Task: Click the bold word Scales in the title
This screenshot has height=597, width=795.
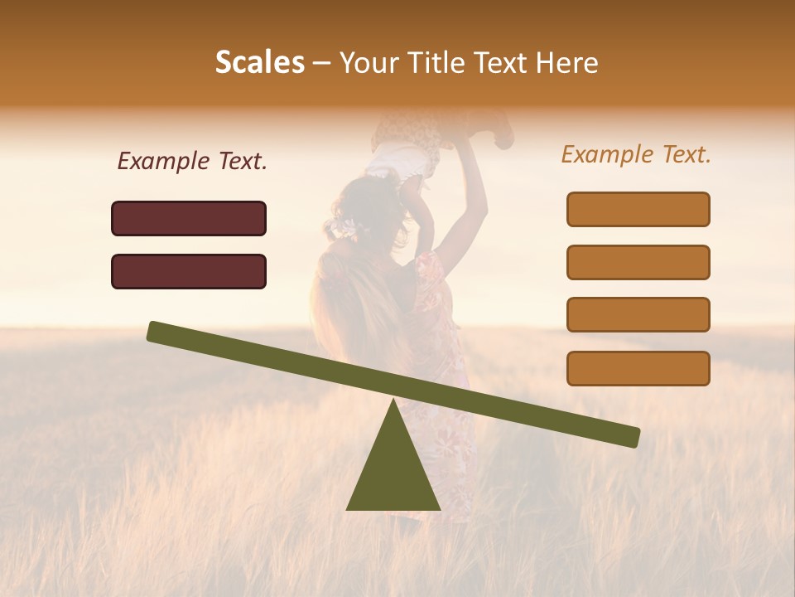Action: click(x=259, y=62)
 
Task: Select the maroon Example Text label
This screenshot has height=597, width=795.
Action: click(x=192, y=161)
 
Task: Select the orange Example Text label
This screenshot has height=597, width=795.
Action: click(x=636, y=154)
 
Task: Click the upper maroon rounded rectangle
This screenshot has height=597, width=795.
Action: click(x=189, y=218)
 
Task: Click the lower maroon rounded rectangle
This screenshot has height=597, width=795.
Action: click(x=189, y=271)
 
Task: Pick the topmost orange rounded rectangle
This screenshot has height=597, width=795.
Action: click(x=638, y=209)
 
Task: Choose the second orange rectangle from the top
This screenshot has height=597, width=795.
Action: click(x=638, y=262)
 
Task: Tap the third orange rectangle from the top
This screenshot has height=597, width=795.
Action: click(x=638, y=314)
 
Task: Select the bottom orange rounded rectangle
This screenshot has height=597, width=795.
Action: click(x=638, y=368)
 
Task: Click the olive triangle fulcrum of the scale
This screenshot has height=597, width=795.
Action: click(x=393, y=473)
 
